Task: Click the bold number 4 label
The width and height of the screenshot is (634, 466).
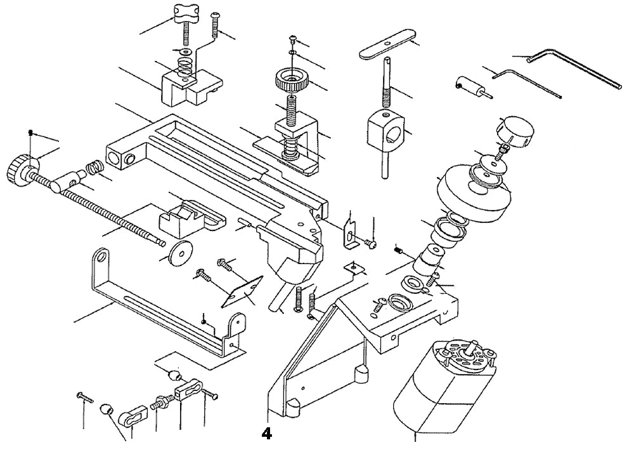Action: [x=266, y=434]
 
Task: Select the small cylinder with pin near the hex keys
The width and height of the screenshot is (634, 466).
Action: [x=469, y=86]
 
